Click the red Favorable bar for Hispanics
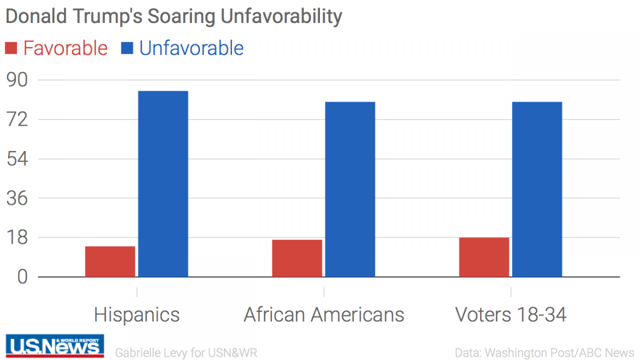click(x=110, y=261)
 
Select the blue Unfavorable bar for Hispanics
click(x=163, y=184)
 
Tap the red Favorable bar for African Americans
click(x=297, y=258)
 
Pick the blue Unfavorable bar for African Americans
click(x=350, y=189)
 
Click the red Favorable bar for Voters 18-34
click(x=484, y=257)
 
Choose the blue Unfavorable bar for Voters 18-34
click(x=537, y=189)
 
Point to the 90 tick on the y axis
click(x=17, y=81)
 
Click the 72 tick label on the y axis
click(x=17, y=119)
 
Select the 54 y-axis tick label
click(x=17, y=159)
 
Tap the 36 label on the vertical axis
click(x=17, y=198)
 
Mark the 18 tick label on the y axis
click(x=17, y=238)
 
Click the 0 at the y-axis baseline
click(x=21, y=277)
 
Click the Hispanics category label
click(x=137, y=315)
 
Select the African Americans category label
click(x=324, y=315)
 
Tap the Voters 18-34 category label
click(x=510, y=315)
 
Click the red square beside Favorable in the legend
click(x=11, y=49)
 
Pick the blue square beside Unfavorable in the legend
click(x=127, y=49)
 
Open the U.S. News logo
click(x=55, y=346)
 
